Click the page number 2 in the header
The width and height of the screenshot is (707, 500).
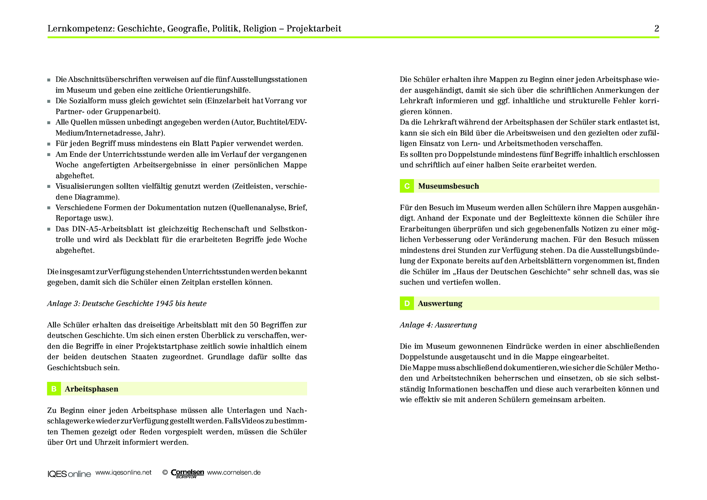click(x=657, y=29)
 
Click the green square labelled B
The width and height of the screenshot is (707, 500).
click(x=54, y=389)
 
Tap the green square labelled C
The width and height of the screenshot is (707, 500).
click(x=407, y=186)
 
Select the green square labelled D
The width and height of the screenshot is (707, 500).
click(x=407, y=304)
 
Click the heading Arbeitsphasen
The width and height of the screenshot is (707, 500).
click(x=91, y=389)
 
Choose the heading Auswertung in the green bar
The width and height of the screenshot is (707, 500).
click(x=440, y=304)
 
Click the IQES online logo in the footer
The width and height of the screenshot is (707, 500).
click(x=69, y=474)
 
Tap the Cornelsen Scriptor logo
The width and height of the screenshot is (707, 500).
click(x=187, y=473)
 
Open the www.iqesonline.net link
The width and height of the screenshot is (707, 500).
click(x=123, y=473)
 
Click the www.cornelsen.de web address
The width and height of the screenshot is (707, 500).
click(x=234, y=473)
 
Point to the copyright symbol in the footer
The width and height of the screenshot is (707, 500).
click(x=165, y=473)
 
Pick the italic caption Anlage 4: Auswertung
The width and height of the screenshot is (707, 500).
click(x=438, y=325)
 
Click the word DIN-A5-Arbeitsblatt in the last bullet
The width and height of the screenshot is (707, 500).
click(x=105, y=229)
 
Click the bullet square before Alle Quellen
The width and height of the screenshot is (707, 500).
click(x=49, y=123)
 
